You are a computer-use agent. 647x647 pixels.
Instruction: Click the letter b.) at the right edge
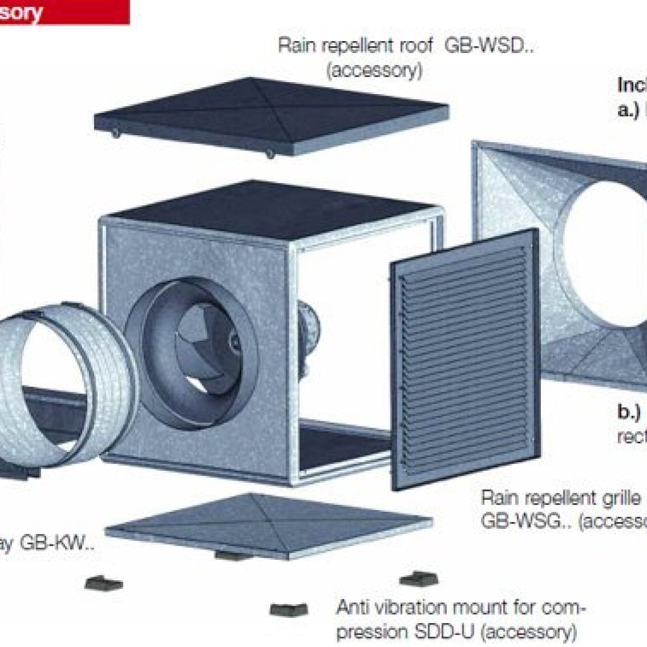pyautogui.click(x=629, y=412)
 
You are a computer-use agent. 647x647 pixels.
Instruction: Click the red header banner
pyautogui.click(x=63, y=11)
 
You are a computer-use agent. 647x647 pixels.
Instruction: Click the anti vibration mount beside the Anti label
pyautogui.click(x=289, y=610)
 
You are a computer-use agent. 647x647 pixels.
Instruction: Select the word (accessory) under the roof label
pyautogui.click(x=374, y=70)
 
